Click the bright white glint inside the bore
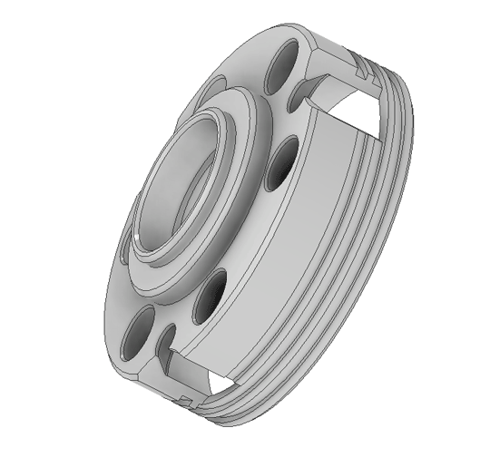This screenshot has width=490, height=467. (133, 238)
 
